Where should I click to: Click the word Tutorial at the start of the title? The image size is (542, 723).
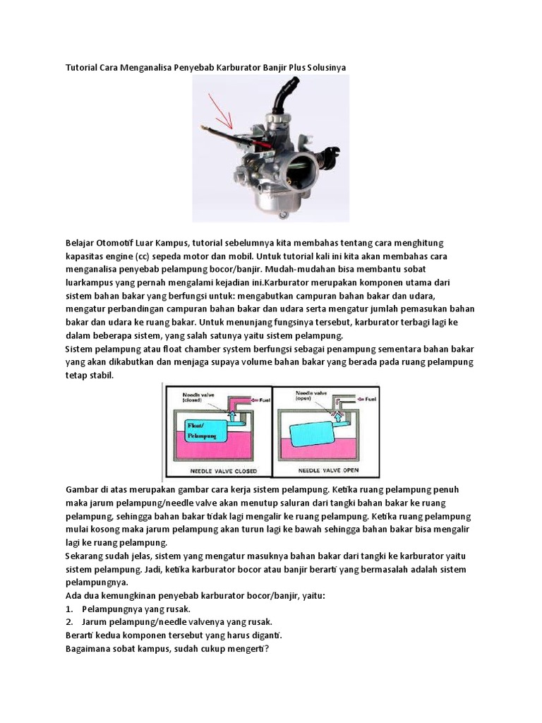click(x=83, y=67)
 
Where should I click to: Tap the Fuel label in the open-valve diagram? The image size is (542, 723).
click(x=366, y=399)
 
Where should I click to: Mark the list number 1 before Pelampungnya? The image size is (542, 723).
click(x=70, y=609)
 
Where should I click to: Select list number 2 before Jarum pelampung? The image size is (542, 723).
click(x=70, y=622)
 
